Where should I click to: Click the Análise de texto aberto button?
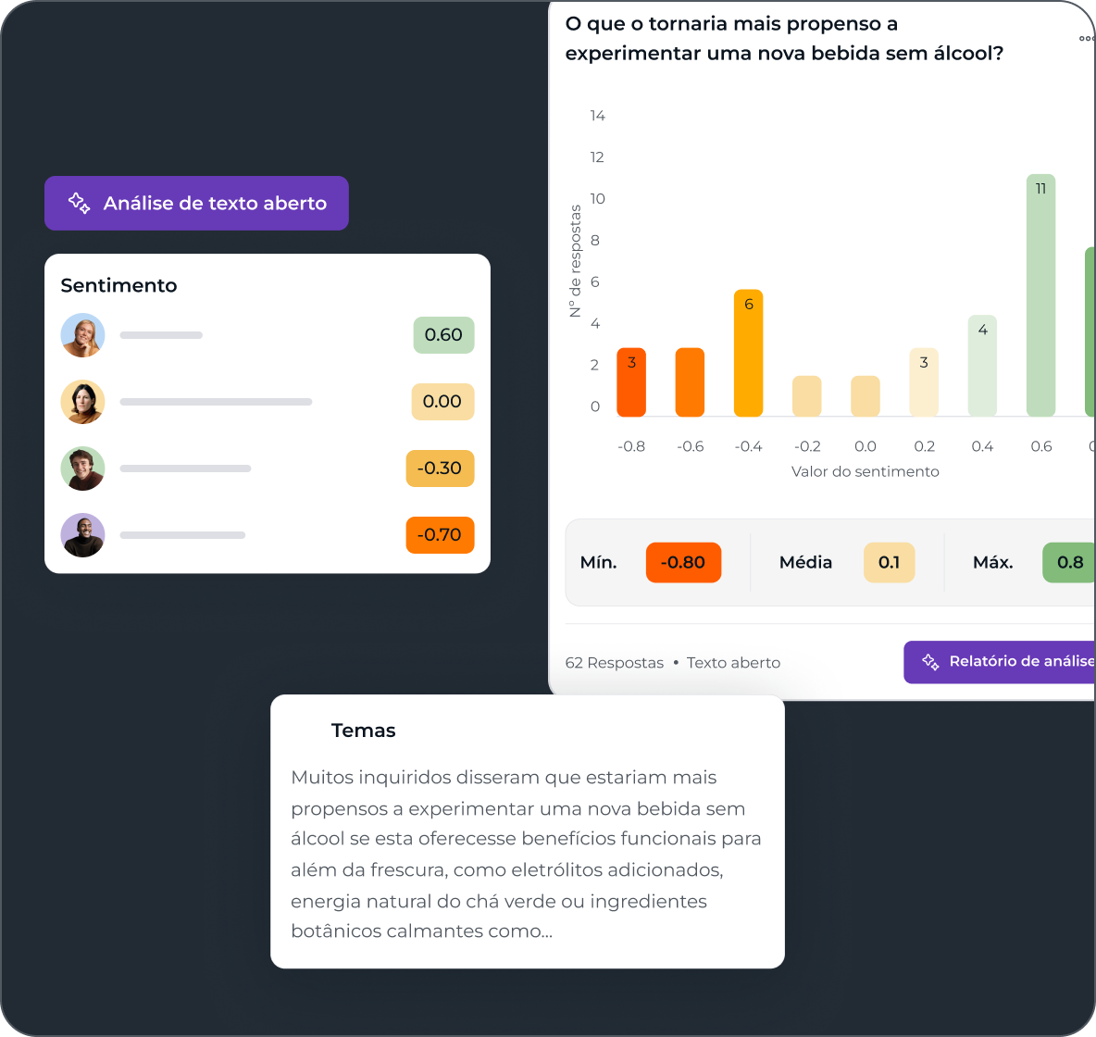click(196, 203)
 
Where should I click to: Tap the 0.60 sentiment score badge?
click(443, 335)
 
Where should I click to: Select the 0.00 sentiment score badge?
click(442, 402)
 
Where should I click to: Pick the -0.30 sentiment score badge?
click(440, 469)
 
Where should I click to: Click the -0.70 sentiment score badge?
click(440, 535)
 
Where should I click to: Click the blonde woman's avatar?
click(83, 335)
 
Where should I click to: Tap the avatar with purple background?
click(83, 535)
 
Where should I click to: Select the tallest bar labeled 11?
click(1040, 295)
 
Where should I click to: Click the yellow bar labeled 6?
click(748, 353)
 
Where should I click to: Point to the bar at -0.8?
click(631, 382)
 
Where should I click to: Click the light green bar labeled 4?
click(982, 366)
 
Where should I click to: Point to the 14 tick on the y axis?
click(597, 116)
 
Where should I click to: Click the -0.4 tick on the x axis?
click(748, 446)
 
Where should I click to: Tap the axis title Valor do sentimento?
click(865, 471)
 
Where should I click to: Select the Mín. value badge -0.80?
click(683, 562)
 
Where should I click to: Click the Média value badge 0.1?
click(889, 562)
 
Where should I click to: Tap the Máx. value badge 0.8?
click(1069, 562)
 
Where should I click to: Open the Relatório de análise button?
click(1000, 662)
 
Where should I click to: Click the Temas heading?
click(363, 731)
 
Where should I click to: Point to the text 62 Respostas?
click(614, 663)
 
